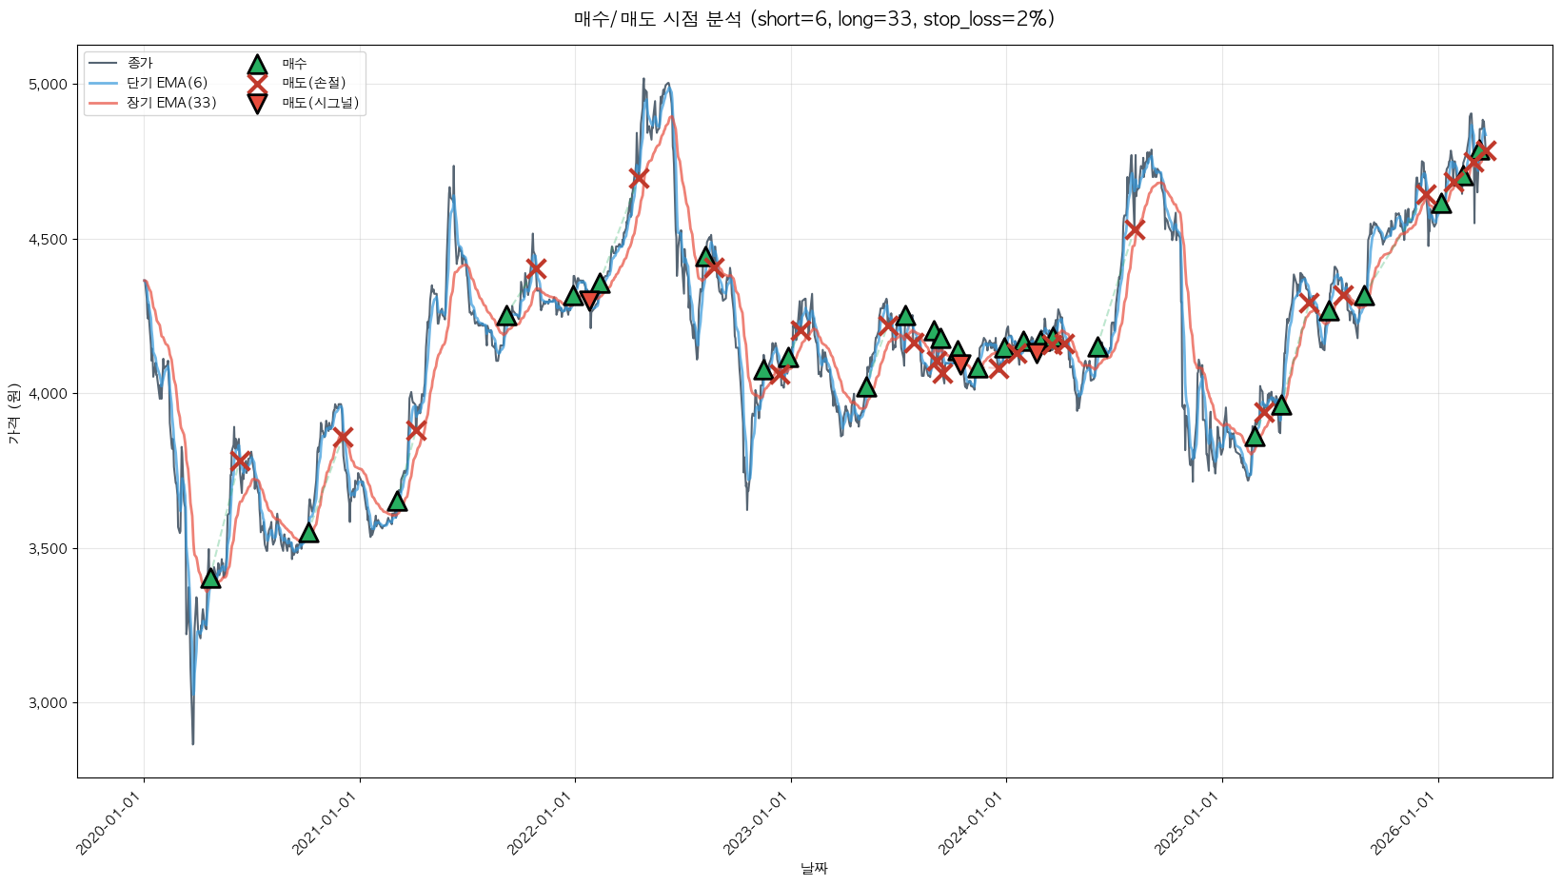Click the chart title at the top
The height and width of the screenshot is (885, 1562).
pyautogui.click(x=814, y=19)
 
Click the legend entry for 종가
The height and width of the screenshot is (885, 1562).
pyautogui.click(x=139, y=63)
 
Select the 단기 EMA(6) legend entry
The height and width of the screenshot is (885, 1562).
pyautogui.click(x=167, y=83)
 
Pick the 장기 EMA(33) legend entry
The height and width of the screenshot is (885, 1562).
pyautogui.click(x=171, y=103)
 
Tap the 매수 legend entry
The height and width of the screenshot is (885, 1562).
pyautogui.click(x=294, y=64)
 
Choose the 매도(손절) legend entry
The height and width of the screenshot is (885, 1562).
pyautogui.click(x=313, y=83)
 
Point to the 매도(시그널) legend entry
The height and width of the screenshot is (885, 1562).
pyautogui.click(x=320, y=103)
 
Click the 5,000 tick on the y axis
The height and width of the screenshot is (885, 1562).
pyautogui.click(x=49, y=85)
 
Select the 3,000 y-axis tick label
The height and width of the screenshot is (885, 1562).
pyautogui.click(x=49, y=703)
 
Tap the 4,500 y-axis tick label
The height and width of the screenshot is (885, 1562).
pyautogui.click(x=49, y=240)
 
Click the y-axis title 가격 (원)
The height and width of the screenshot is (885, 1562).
pyautogui.click(x=13, y=412)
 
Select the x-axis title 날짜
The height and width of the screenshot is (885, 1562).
pyautogui.click(x=814, y=868)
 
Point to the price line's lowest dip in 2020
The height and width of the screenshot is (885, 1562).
pyautogui.click(x=193, y=743)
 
